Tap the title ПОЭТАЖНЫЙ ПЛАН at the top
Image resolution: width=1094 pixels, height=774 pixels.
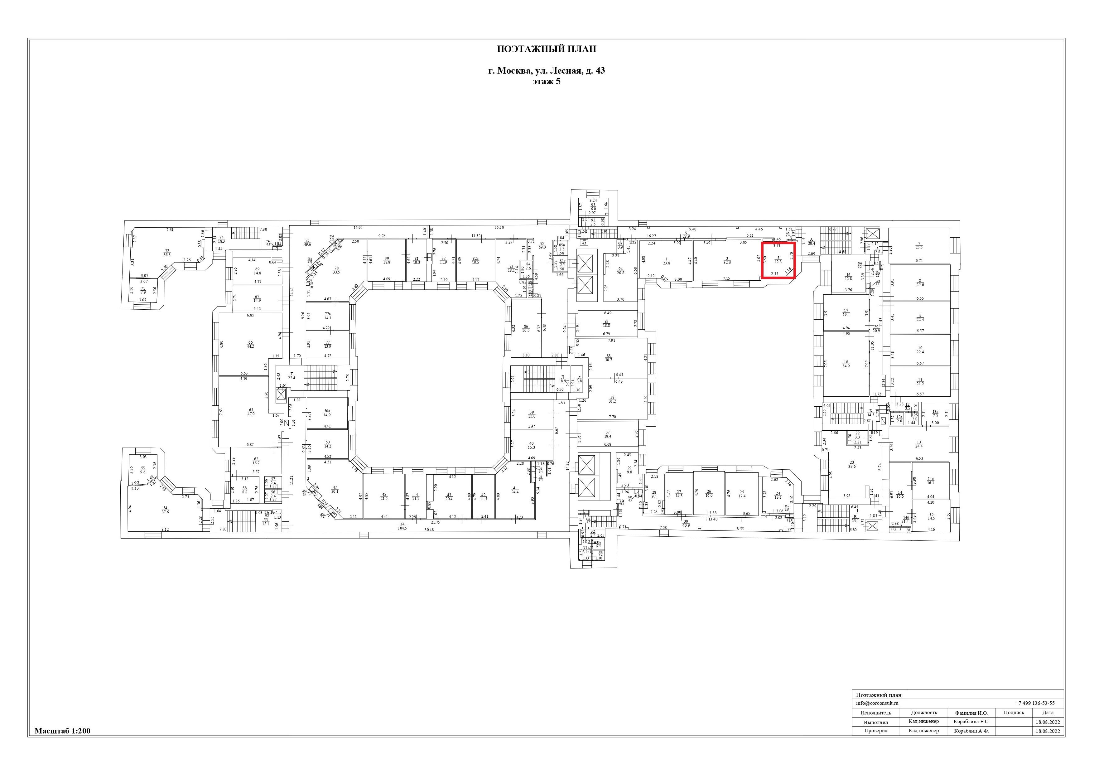click(547, 49)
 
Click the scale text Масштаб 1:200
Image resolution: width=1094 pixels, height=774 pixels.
click(62, 731)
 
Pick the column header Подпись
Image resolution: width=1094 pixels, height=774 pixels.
click(1014, 713)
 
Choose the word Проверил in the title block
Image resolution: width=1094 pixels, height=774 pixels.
click(875, 731)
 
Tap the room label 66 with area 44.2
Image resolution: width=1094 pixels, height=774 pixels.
click(250, 344)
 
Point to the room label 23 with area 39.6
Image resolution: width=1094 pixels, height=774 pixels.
click(852, 465)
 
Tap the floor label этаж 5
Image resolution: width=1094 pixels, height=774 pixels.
click(547, 81)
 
